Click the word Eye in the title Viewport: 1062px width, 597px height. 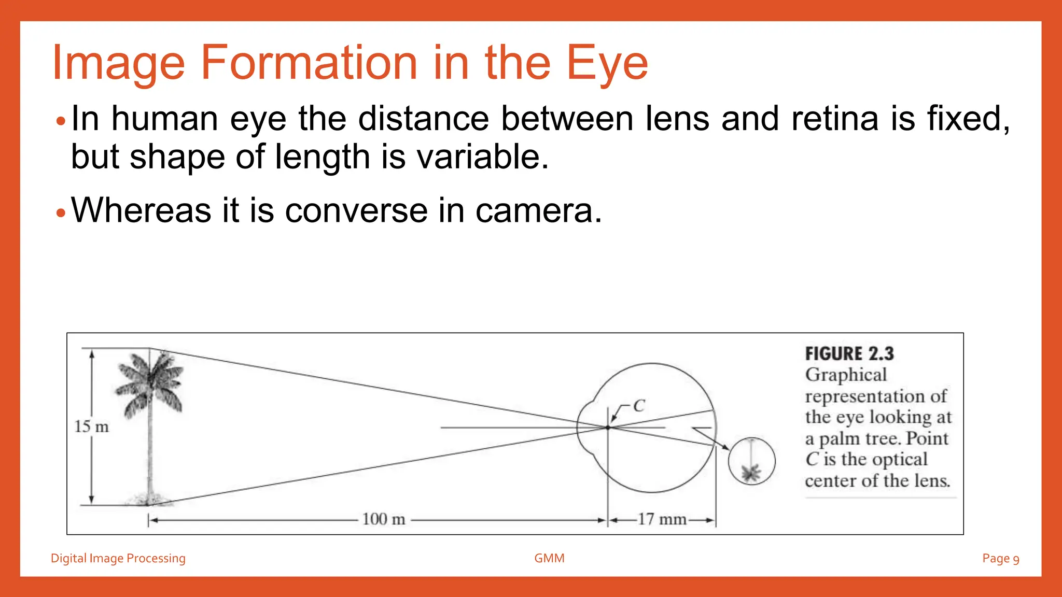click(607, 63)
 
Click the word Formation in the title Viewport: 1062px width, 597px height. click(309, 63)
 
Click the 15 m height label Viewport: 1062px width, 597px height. click(92, 427)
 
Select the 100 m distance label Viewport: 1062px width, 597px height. click(383, 519)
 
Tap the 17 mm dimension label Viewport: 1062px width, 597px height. click(662, 519)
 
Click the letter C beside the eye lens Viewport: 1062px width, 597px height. click(639, 406)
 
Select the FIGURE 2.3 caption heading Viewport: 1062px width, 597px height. click(849, 354)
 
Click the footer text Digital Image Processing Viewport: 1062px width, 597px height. click(118, 558)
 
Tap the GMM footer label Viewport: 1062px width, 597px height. click(549, 558)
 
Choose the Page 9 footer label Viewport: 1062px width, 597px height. click(1000, 558)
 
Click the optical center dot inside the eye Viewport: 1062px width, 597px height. click(608, 428)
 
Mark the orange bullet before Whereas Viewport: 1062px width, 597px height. click(61, 212)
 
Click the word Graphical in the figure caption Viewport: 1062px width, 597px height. click(846, 375)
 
